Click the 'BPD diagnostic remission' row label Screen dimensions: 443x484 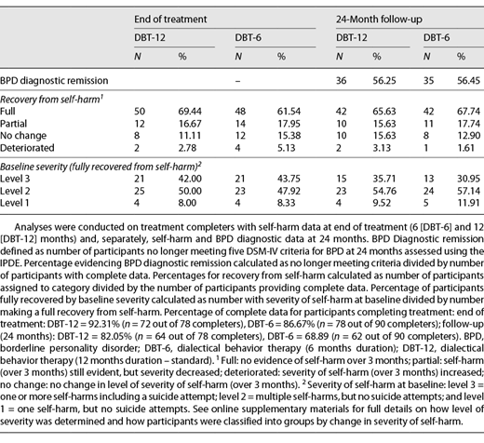click(x=60, y=79)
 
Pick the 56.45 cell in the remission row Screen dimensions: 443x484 click(x=456, y=79)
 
